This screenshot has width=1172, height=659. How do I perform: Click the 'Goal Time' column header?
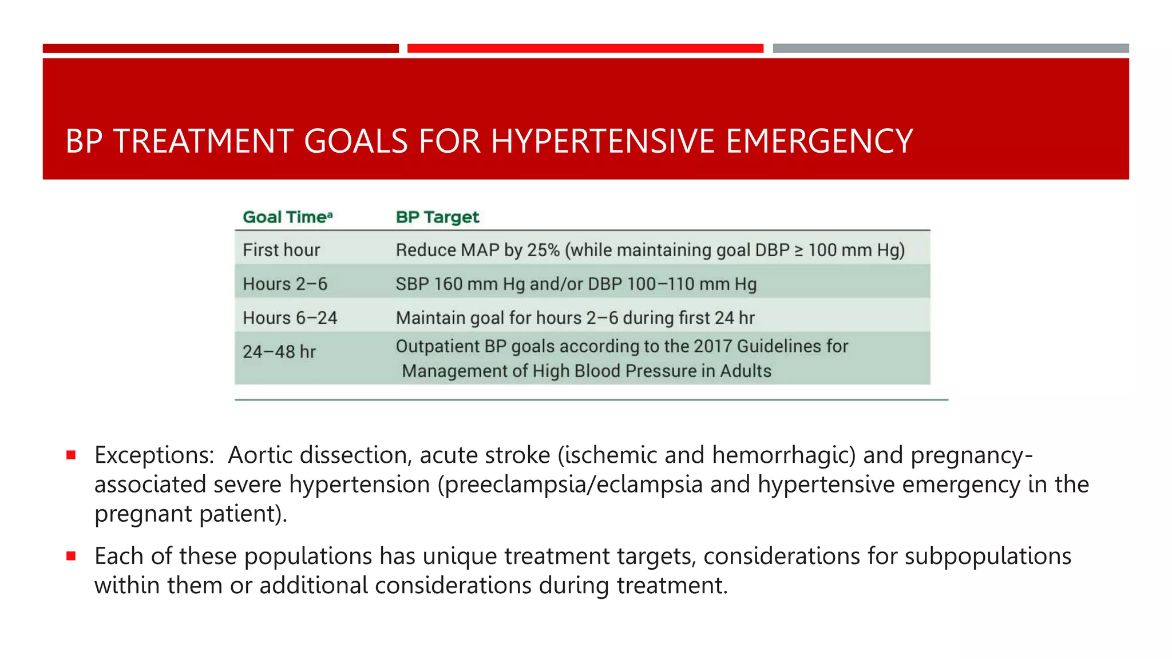[287, 217]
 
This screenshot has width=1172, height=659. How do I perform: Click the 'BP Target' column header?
[437, 217]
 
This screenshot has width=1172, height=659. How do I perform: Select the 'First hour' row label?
[281, 250]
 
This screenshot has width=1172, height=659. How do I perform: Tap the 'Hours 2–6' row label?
[285, 284]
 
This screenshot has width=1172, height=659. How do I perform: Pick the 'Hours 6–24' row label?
[290, 317]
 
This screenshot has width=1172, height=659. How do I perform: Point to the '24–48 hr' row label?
[279, 351]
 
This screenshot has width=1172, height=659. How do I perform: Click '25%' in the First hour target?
[543, 250]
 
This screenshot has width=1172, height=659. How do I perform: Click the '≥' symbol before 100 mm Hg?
[799, 250]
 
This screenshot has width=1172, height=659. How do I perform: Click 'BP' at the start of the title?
[84, 141]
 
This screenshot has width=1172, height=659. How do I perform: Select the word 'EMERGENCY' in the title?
[819, 141]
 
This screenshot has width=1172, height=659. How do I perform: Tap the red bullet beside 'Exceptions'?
[71, 455]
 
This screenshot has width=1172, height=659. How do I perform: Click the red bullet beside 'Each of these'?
[71, 556]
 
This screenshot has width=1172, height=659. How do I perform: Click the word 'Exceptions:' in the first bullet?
[155, 455]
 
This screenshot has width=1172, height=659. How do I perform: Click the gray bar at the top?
[951, 49]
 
